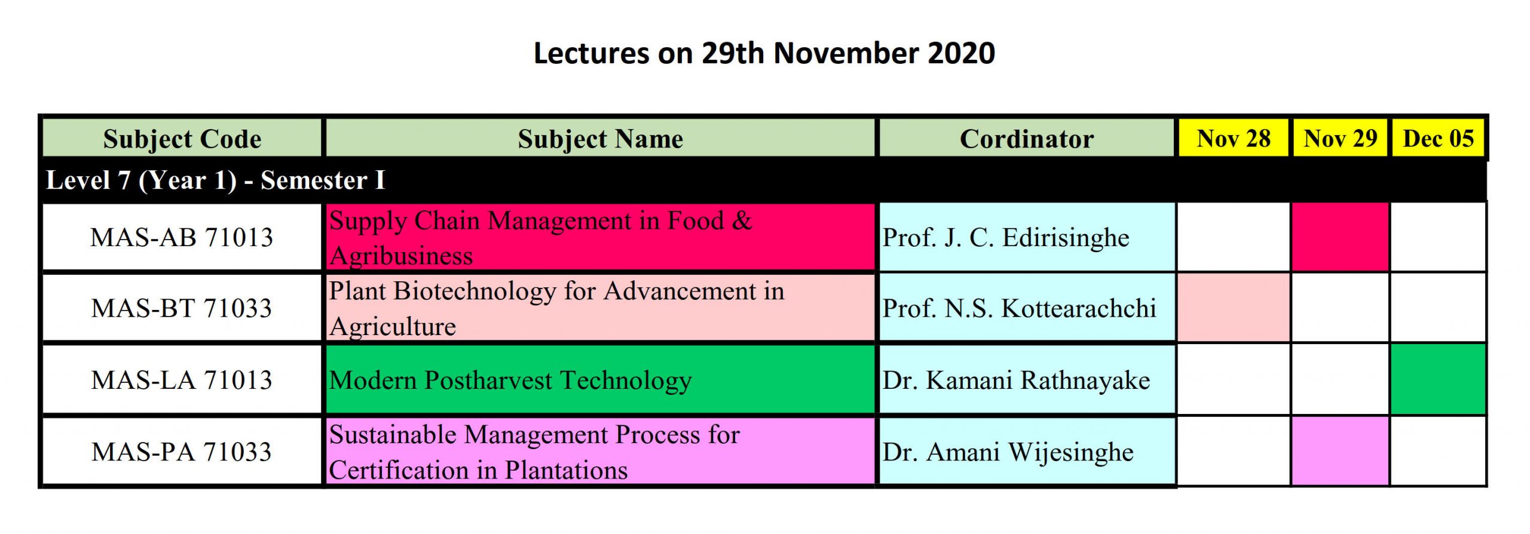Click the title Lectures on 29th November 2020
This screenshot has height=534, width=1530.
(764, 53)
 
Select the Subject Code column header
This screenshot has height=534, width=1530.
(182, 139)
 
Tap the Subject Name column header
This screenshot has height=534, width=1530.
(600, 139)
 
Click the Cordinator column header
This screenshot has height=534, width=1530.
(1026, 139)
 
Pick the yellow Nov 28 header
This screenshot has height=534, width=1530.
(1234, 139)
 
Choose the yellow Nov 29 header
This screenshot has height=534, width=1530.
(1340, 139)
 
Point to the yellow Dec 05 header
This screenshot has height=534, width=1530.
(1438, 139)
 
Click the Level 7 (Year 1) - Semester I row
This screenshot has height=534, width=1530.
(764, 180)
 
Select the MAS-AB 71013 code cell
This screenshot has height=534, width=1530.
(182, 237)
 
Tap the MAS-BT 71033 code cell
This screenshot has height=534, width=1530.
(182, 308)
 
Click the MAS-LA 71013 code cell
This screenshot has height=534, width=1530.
(182, 380)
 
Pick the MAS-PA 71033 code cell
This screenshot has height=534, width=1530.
(182, 452)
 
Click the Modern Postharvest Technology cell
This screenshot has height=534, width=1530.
(600, 380)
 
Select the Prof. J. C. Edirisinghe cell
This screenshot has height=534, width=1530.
(1026, 237)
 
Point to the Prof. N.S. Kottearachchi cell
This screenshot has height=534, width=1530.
(1026, 308)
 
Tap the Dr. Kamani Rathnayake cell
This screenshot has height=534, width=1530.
(1026, 380)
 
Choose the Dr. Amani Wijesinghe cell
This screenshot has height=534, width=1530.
(1026, 452)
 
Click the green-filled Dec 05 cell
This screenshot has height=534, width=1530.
(1438, 379)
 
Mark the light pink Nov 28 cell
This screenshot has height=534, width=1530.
(1234, 308)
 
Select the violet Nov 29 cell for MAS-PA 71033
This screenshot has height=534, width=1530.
(1340, 451)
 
